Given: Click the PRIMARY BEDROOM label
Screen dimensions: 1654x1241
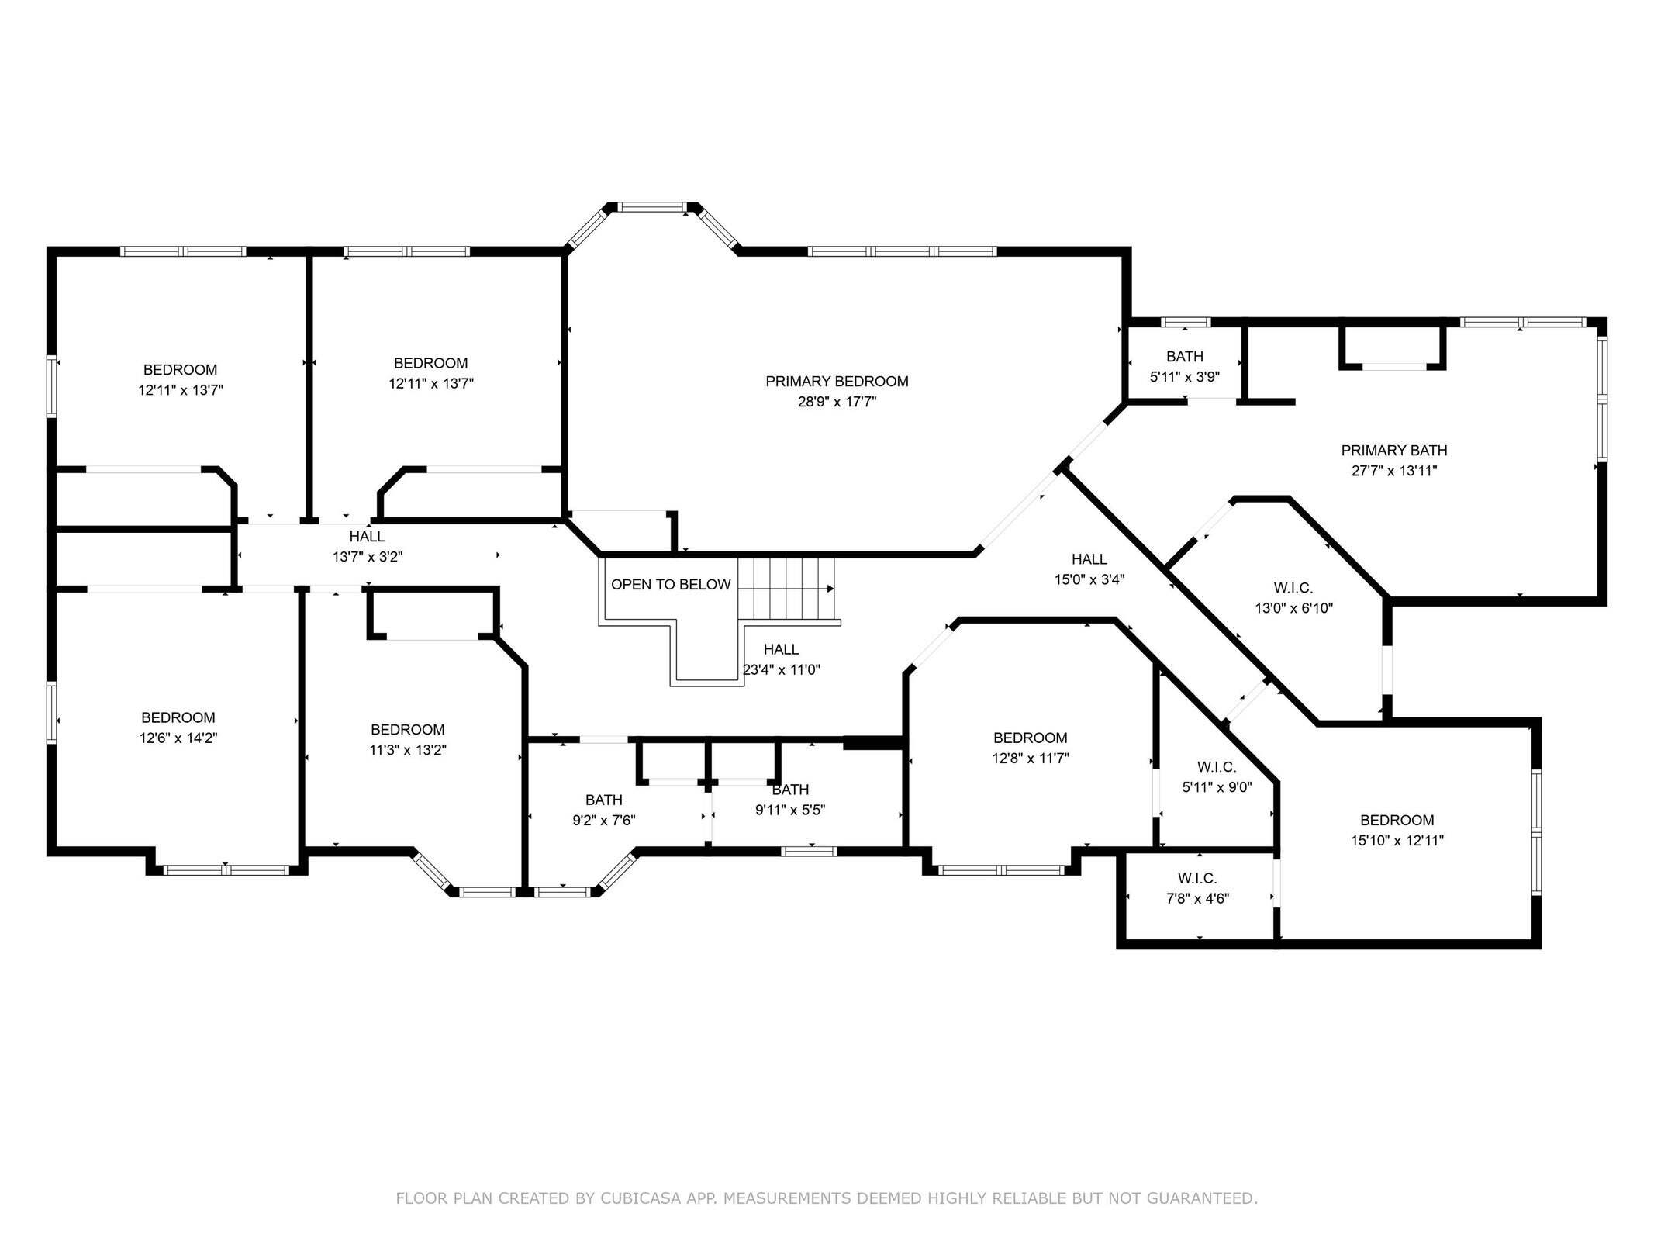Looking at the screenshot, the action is point(837,382).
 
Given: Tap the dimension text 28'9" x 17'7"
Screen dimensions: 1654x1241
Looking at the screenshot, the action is point(837,402).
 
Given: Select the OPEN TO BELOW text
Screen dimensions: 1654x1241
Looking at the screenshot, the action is point(671,585).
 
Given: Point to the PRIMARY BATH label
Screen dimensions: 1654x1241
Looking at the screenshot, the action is point(1394,451).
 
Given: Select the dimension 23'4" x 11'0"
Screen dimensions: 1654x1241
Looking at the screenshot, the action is point(782,669).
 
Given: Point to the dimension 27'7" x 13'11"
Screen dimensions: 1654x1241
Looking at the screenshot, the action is point(1394,471).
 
